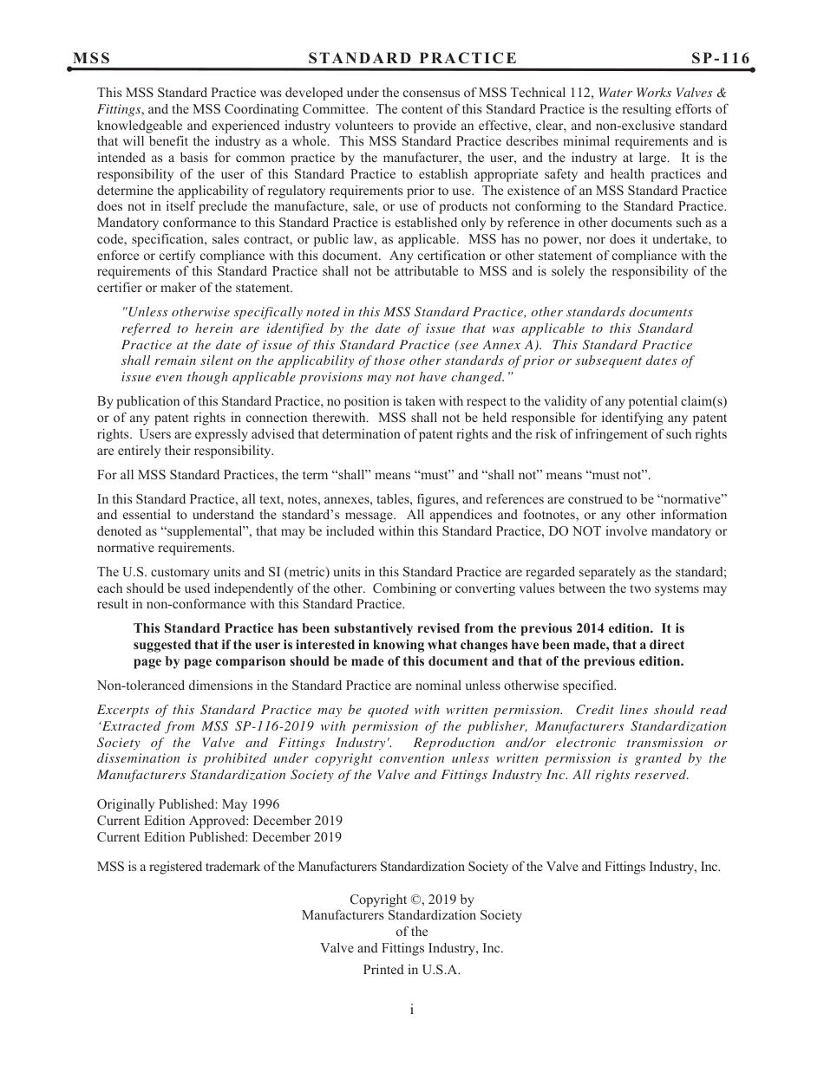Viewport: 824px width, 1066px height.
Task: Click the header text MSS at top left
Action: tap(91, 58)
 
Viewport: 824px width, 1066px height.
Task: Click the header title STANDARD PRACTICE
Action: tap(412, 58)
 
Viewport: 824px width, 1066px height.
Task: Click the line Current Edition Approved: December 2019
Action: tap(219, 821)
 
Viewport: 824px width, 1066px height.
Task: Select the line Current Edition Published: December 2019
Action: tap(219, 837)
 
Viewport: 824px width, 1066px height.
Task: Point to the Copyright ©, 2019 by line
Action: tap(411, 900)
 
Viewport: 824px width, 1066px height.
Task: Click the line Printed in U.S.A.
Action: tap(411, 971)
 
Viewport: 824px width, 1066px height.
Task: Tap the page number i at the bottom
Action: tap(412, 1009)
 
